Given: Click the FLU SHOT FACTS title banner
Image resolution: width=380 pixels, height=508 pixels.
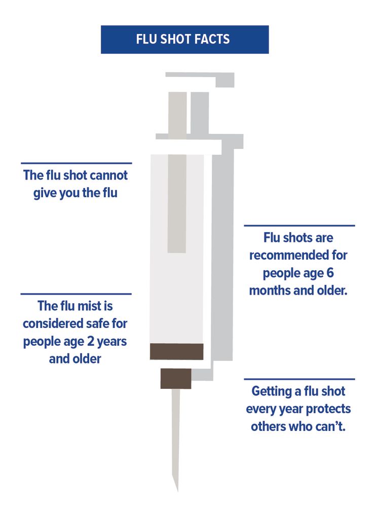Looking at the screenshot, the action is (184, 39).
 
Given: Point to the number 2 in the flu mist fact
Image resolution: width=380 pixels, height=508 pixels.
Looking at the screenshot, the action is (91, 341).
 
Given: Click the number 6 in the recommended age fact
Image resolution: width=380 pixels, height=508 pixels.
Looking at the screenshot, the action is (330, 273).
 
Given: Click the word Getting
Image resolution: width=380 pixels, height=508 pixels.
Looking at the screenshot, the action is (272, 392).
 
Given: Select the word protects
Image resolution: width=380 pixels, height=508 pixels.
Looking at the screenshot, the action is (328, 409).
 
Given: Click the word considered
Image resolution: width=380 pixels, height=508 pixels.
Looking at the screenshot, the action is (53, 323).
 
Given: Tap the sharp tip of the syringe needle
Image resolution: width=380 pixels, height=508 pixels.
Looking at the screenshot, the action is (177, 491).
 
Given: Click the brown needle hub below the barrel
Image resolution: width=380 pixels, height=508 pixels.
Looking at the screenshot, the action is (176, 378).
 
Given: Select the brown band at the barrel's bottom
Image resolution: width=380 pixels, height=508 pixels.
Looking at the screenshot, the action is (176, 351).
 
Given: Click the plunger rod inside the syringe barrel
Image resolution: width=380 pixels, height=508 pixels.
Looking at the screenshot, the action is (177, 203).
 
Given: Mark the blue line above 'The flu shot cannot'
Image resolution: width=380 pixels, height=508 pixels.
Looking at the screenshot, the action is (77, 163).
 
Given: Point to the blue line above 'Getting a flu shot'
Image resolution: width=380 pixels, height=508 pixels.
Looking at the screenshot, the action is (299, 379).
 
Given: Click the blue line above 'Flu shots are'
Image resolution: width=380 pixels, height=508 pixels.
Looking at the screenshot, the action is (299, 226).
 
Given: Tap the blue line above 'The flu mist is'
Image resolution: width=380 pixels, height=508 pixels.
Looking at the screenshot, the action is (76, 294).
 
